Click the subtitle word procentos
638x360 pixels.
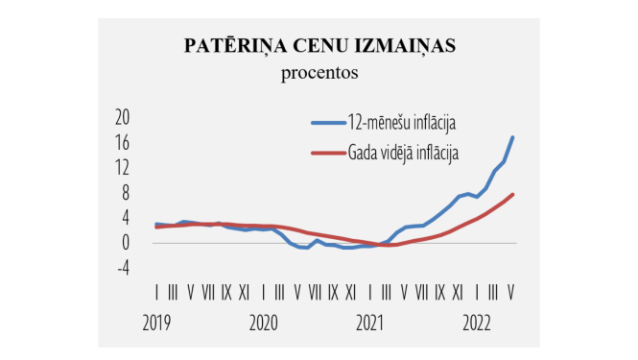coord(319,72)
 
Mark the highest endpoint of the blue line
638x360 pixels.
coord(513,137)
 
